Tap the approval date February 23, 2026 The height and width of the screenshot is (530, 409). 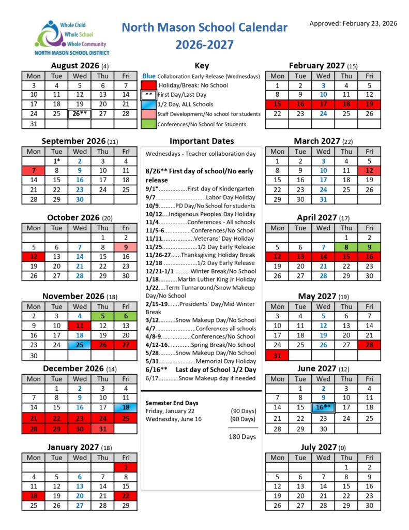pyautogui.click(x=353, y=23)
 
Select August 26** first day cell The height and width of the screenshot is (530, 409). pyautogui.click(x=80, y=114)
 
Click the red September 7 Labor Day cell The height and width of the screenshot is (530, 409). pyautogui.click(x=34, y=170)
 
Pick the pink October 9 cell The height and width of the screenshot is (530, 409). pyautogui.click(x=126, y=247)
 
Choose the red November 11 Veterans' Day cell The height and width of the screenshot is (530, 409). pyautogui.click(x=80, y=326)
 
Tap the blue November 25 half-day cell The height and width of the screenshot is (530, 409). pyautogui.click(x=80, y=345)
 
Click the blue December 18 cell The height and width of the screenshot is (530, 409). pyautogui.click(x=126, y=408)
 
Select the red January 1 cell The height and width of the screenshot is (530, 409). pyautogui.click(x=126, y=467)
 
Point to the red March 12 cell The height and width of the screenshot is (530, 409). pyautogui.click(x=369, y=170)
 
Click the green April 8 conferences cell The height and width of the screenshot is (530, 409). pyautogui.click(x=346, y=247)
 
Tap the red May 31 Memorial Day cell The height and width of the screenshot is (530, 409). pyautogui.click(x=277, y=355)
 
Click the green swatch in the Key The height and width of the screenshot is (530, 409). pyautogui.click(x=148, y=124)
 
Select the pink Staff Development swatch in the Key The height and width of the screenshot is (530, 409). pyautogui.click(x=148, y=114)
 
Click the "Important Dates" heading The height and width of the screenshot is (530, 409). pyautogui.click(x=202, y=141)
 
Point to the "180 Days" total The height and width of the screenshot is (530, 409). pyautogui.click(x=242, y=437)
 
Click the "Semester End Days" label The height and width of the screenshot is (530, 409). pyautogui.click(x=172, y=403)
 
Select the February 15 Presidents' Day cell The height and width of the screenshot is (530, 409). pyautogui.click(x=277, y=104)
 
